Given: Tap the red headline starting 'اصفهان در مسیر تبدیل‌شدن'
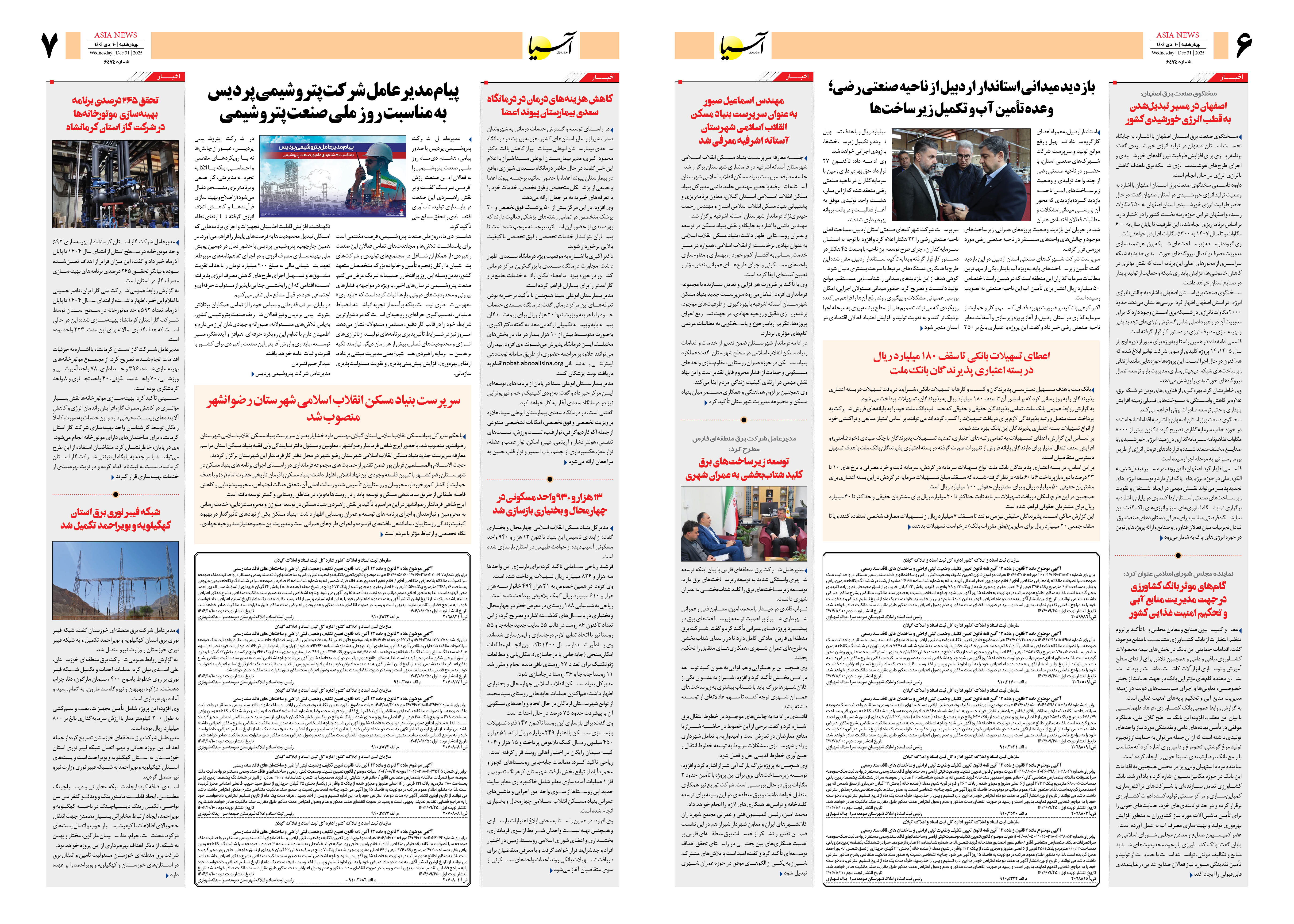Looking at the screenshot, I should coord(1178,113).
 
